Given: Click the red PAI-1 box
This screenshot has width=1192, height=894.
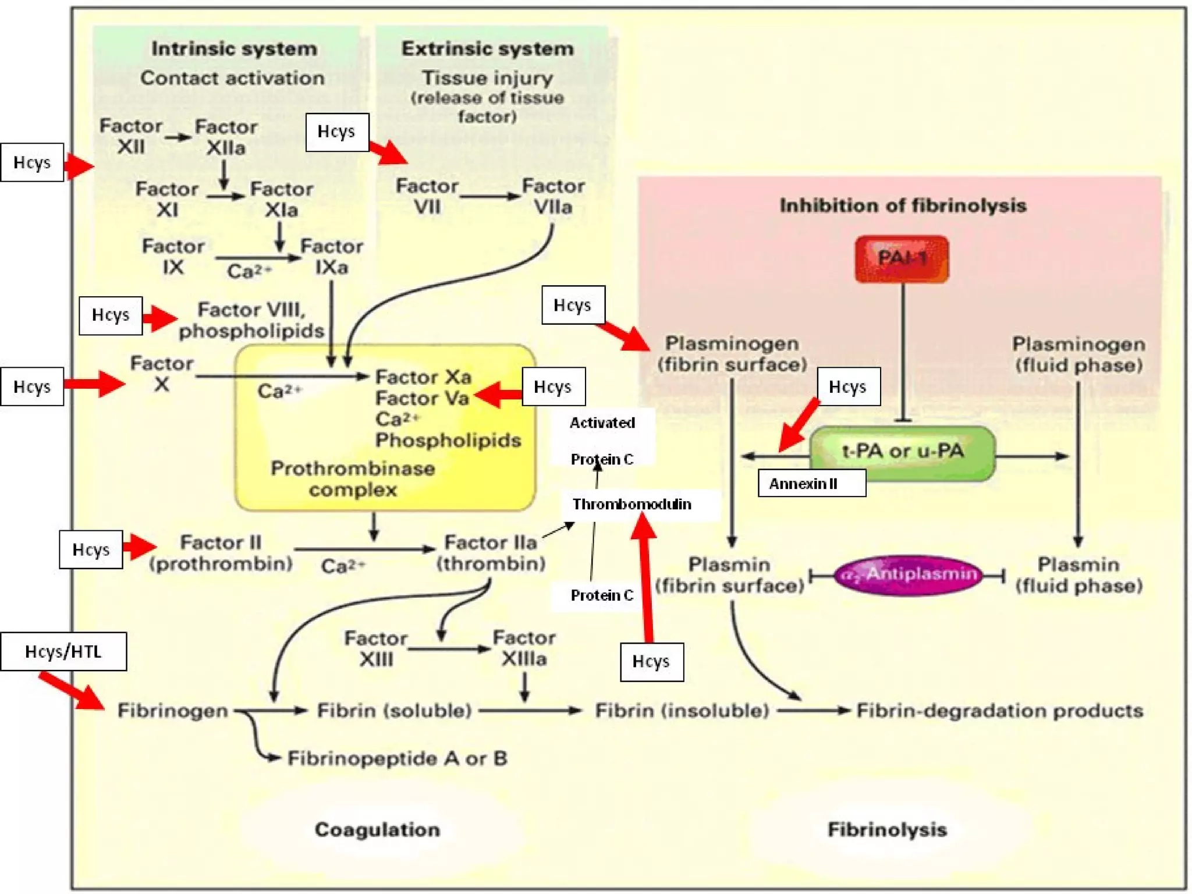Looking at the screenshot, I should (x=902, y=258).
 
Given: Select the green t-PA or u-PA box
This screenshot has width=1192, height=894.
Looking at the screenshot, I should (x=902, y=452).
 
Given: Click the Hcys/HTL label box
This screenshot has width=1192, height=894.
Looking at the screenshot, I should (x=63, y=651).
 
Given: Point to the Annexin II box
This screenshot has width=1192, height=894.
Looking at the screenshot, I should (x=811, y=484).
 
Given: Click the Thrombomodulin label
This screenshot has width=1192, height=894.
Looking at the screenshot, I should (x=632, y=504).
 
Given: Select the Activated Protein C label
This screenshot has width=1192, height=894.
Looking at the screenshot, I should (x=602, y=441).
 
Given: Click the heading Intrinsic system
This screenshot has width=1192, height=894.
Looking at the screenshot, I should (x=234, y=49).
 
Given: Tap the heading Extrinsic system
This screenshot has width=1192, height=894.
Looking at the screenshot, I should (x=487, y=49).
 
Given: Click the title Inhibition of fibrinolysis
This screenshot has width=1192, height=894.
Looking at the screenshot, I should (x=903, y=205).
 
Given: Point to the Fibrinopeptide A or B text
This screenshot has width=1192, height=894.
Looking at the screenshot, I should (x=398, y=758).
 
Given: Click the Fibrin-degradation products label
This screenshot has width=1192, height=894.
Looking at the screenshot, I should (x=999, y=711).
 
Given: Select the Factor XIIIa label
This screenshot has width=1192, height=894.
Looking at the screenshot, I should (x=524, y=648).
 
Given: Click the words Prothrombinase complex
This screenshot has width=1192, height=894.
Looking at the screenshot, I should (x=353, y=479).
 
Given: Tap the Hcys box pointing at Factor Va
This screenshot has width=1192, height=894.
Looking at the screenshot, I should (x=554, y=386).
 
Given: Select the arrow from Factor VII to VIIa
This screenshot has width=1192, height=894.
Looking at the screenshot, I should (x=489, y=197).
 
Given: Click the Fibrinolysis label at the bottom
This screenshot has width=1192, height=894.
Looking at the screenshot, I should (x=887, y=829).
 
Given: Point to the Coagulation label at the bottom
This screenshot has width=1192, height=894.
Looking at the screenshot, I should (x=377, y=829).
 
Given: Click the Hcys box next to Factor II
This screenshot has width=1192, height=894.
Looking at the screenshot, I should (x=91, y=549).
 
